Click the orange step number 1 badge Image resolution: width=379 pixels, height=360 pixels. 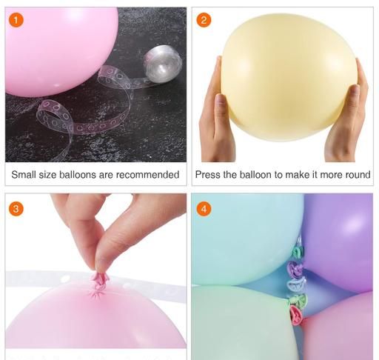point(16,20)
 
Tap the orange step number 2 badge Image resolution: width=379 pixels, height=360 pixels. point(204,20)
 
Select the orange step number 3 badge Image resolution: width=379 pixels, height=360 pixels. point(16,209)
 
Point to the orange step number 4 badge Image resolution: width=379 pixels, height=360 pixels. point(204,209)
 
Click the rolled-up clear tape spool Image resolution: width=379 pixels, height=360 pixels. point(163,62)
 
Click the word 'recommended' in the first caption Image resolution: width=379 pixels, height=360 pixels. point(147,175)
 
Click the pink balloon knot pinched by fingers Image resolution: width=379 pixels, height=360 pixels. point(99,279)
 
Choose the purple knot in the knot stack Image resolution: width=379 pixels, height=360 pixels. point(295,268)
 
